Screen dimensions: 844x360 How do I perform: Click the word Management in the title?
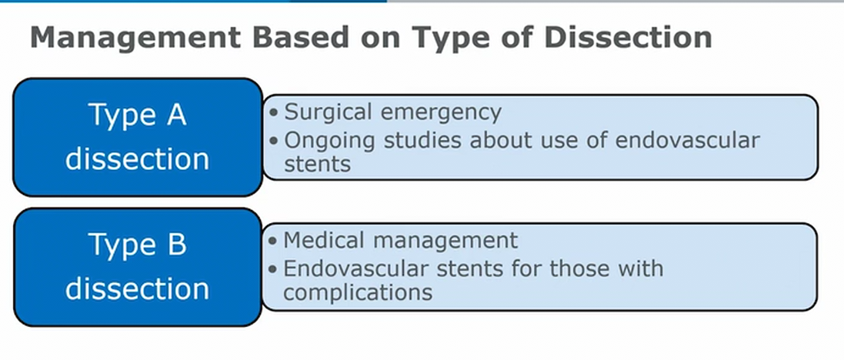(x=135, y=37)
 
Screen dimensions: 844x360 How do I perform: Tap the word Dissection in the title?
(x=628, y=37)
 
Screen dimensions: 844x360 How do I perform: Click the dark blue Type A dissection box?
(x=138, y=137)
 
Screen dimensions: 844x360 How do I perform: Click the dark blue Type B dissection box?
(x=138, y=267)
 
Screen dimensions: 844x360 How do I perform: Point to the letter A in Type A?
(x=176, y=115)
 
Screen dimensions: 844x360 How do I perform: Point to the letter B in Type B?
(x=176, y=244)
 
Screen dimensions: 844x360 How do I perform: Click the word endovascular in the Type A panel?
(x=687, y=140)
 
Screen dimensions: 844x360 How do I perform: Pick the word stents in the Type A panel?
(x=318, y=164)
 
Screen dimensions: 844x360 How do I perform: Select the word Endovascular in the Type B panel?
(x=355, y=268)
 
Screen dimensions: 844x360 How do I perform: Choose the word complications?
(x=358, y=293)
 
